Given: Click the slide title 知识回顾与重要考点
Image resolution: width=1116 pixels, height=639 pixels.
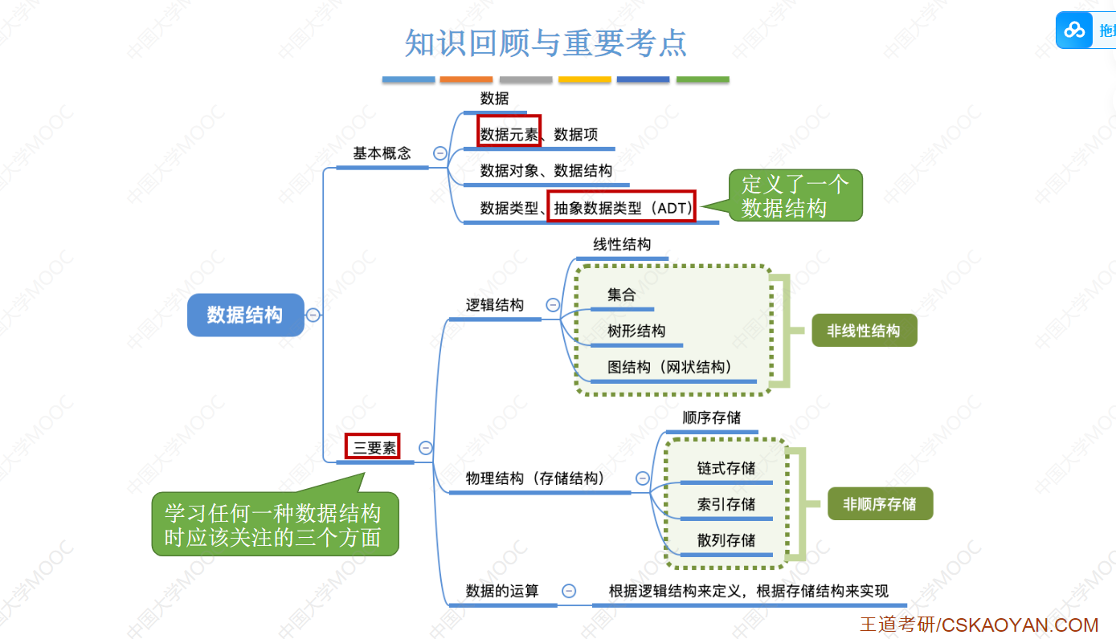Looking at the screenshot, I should [x=546, y=43].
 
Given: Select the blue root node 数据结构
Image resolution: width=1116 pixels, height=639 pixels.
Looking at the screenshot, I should [x=245, y=315].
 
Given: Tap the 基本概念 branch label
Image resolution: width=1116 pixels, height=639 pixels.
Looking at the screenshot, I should [x=382, y=153].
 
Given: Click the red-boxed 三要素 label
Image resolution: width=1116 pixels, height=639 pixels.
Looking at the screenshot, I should [x=374, y=447].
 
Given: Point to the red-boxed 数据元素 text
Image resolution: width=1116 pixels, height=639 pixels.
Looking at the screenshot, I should [x=509, y=134].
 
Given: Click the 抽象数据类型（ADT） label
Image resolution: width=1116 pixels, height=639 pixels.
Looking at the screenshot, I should [x=623, y=207].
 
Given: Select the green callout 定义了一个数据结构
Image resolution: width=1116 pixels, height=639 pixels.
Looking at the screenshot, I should [x=794, y=196].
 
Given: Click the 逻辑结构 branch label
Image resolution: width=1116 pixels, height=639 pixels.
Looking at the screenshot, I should [x=495, y=305].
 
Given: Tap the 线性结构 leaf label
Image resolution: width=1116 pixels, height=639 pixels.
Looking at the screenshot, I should [x=622, y=245].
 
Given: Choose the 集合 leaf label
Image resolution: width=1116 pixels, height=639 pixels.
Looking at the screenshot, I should [x=621, y=295].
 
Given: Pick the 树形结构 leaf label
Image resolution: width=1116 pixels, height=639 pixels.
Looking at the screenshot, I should [x=636, y=331].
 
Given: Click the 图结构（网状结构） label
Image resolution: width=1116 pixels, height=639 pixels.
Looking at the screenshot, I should [x=670, y=367].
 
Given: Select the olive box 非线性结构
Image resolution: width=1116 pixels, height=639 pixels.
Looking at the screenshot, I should [x=864, y=330].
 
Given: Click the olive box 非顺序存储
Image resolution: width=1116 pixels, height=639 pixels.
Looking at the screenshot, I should [x=880, y=504].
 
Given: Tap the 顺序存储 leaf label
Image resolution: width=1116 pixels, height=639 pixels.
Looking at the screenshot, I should [x=711, y=417].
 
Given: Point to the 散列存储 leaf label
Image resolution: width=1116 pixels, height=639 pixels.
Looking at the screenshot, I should [x=726, y=540].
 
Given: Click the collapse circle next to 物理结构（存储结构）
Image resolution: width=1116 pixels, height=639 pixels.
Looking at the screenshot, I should [x=643, y=478].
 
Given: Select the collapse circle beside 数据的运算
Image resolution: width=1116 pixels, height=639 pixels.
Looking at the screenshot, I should [x=569, y=591].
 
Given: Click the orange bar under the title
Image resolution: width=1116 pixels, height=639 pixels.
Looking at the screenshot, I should [x=466, y=79].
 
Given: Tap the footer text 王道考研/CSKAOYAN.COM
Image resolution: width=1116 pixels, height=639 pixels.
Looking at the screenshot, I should [x=979, y=625].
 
